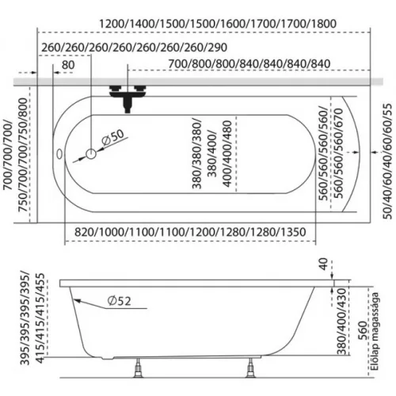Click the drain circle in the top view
91,154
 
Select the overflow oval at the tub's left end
59,154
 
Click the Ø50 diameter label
112,137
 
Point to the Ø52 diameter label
119,301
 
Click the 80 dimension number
68,65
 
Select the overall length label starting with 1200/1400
218,24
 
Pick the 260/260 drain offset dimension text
135,48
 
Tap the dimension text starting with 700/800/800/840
249,64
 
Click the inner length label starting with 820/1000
190,232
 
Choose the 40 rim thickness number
324,264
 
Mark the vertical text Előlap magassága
375,331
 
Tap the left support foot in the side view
138,368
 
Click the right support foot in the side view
250,368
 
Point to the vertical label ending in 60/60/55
387,162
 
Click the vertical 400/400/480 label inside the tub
227,154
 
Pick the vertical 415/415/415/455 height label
40,318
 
